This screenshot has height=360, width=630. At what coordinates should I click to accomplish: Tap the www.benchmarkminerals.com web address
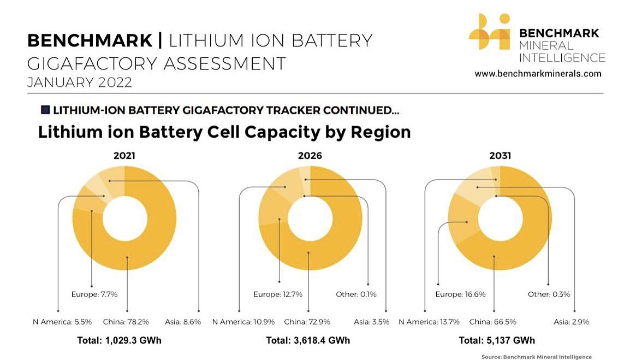point(538,73)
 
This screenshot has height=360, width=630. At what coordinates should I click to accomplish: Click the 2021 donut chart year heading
point(124,156)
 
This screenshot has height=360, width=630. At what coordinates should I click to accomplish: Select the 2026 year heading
point(310,156)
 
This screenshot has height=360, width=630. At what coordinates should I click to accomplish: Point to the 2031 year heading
point(500,156)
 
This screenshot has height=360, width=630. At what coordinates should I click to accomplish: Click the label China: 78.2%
point(127,322)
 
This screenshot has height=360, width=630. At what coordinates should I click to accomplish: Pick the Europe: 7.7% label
point(94,294)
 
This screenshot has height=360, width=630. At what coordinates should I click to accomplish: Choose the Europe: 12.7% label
point(278,294)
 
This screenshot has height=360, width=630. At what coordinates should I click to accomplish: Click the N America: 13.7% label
point(429,322)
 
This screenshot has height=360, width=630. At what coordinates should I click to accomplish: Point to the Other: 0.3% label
point(549,294)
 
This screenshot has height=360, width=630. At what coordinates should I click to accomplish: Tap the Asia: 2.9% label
point(572,322)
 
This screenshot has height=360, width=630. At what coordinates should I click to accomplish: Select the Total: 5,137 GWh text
point(494,340)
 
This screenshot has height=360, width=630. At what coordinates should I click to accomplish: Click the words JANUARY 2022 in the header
point(80,82)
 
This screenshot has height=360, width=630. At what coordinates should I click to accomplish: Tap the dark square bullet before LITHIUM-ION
point(45,110)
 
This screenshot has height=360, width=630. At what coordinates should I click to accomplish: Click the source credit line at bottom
point(536,357)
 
